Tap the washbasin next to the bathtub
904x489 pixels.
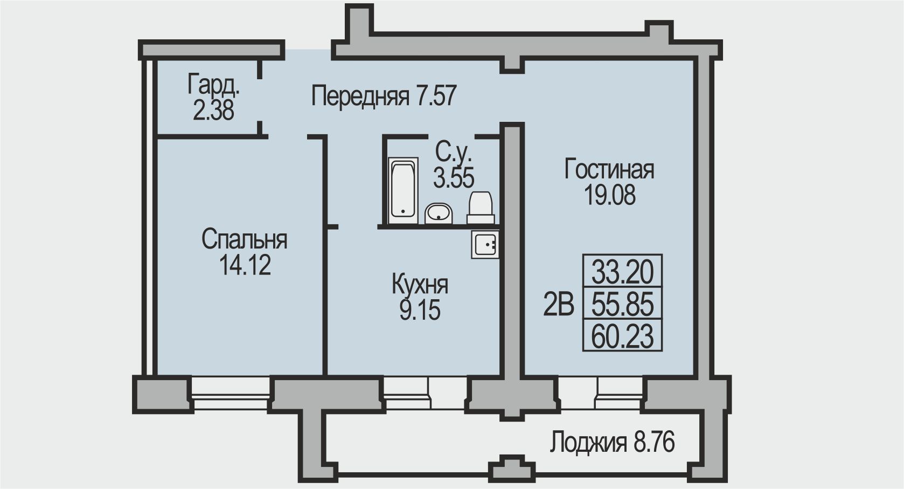[x=439, y=213]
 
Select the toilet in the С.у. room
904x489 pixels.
[x=481, y=208]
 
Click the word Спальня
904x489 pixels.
[x=245, y=239]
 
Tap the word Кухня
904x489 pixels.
[x=420, y=285]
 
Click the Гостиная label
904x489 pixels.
[x=609, y=170]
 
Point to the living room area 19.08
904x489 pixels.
[x=609, y=195]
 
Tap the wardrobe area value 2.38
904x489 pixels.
[x=213, y=110]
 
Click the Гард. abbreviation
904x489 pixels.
[x=213, y=85]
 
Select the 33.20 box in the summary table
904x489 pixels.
[x=622, y=271]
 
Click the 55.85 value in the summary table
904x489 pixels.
[x=622, y=304]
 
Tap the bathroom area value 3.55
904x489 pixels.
[x=454, y=178]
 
